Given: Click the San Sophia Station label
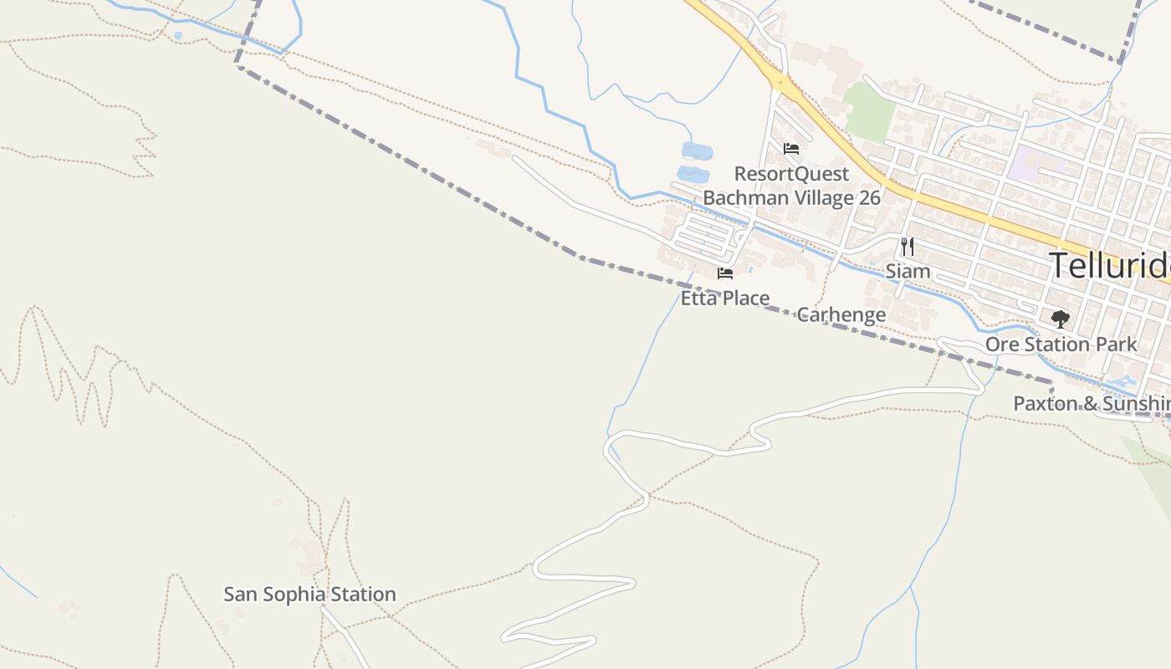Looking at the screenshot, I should [309, 595].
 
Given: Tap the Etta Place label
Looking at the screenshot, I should [724, 299].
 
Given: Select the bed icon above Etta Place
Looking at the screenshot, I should [725, 273].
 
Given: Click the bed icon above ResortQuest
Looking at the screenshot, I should [791, 150].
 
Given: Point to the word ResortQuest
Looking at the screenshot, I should [791, 174].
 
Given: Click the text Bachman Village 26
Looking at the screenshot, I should [791, 198].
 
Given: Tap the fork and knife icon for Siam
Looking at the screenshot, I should [908, 247].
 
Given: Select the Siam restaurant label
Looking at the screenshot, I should [908, 271].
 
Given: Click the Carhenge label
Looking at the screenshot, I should [841, 315].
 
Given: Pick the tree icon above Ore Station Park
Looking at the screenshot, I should [1060, 319].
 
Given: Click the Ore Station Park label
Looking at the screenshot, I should [1061, 345].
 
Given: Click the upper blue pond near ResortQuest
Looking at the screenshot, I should [697, 151].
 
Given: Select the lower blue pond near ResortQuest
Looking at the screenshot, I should [693, 175].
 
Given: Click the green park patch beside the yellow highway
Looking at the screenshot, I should [869, 111].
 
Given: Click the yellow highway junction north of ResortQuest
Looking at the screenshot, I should [781, 82].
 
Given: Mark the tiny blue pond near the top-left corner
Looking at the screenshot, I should [177, 36].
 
